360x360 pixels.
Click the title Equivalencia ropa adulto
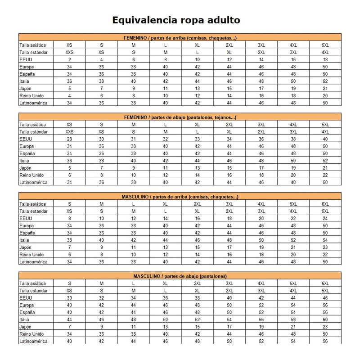pos(176,20)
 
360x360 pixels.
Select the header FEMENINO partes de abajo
pos(180,117)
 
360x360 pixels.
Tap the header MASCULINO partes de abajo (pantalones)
pos(180,276)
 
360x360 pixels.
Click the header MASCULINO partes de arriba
pos(180,197)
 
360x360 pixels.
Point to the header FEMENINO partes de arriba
pos(180,38)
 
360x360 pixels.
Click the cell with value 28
pos(69,139)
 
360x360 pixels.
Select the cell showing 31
pos(133,139)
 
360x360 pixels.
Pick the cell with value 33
pos(197,139)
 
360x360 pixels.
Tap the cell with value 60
pos(325,319)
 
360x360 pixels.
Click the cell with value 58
pos(293,319)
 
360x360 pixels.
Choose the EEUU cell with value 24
pos(325,218)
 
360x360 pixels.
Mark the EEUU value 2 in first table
pos(69,59)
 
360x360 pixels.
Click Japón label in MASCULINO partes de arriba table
pos(26,247)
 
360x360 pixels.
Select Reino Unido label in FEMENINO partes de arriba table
pos(31,95)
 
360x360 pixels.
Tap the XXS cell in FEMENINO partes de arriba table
pos(69,52)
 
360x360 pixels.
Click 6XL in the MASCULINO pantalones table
pos(325,283)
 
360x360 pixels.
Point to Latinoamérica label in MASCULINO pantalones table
pos(33,341)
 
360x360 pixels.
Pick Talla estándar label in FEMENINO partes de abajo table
pos(34,132)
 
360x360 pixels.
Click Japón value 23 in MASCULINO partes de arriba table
pos(325,247)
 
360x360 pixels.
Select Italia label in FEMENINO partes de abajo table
pos(25,161)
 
